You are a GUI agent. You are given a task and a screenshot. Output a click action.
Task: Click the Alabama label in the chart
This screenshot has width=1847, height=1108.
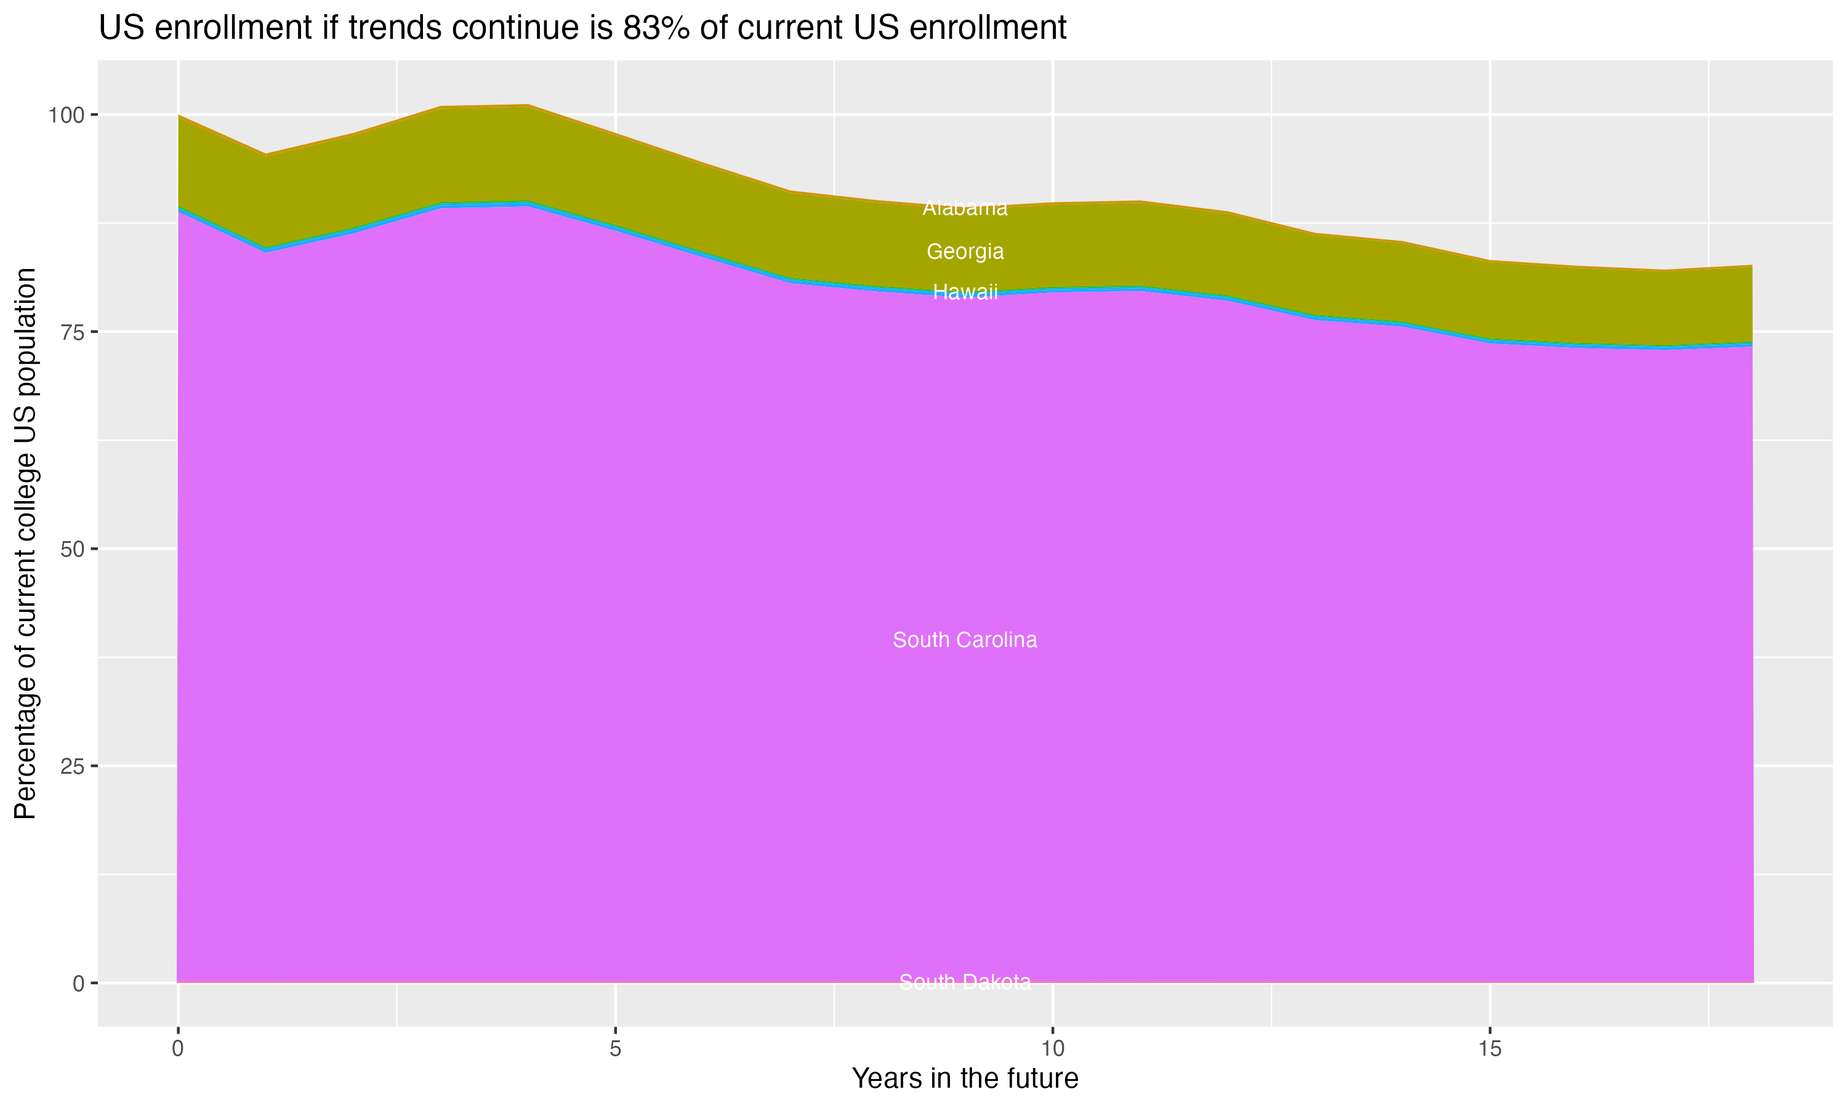965,208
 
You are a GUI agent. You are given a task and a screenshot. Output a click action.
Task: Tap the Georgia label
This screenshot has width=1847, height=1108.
965,252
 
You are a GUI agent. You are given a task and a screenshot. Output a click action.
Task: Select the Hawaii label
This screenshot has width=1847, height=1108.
965,292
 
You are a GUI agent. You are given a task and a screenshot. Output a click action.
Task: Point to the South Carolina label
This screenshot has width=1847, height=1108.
965,640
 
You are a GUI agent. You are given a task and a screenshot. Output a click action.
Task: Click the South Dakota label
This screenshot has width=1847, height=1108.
965,982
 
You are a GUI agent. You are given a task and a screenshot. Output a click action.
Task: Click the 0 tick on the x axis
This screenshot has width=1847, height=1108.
178,1049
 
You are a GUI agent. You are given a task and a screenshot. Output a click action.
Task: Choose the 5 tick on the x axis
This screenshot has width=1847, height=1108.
615,1049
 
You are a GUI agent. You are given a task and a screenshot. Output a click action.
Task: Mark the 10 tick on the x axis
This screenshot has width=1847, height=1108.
1053,1049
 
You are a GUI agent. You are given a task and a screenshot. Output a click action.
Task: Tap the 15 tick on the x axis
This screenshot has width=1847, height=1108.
1490,1049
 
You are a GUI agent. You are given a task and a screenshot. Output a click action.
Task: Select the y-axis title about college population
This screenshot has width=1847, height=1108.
25,544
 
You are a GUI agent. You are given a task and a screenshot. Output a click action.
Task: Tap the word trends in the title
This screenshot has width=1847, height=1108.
389,28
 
